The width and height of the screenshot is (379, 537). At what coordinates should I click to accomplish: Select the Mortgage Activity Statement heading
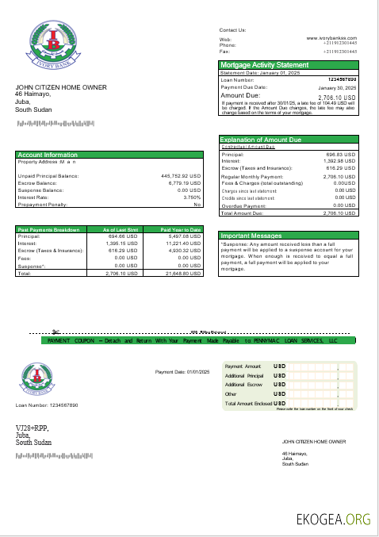pyautogui.click(x=264, y=64)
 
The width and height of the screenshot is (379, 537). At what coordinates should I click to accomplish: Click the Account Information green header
pyautogui.click(x=48, y=155)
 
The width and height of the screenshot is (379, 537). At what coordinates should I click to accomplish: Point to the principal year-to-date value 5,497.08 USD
pyautogui.click(x=183, y=236)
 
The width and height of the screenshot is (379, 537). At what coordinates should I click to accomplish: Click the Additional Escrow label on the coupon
pyautogui.click(x=244, y=384)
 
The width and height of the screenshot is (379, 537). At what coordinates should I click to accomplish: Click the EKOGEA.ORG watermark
pyautogui.click(x=332, y=520)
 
